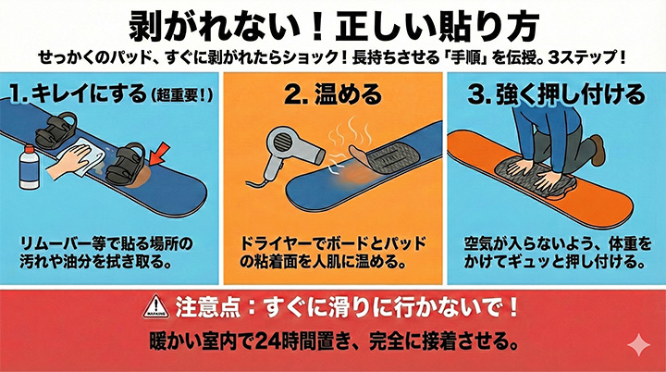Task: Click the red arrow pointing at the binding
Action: point(160,154)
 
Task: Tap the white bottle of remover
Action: point(30,167)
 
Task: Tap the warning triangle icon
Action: point(156,306)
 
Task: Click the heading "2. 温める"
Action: point(333,94)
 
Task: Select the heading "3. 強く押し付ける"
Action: point(556,94)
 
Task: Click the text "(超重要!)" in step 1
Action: point(182,95)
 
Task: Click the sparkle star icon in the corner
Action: point(639,345)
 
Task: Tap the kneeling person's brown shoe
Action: point(598,150)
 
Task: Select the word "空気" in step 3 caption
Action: point(477,243)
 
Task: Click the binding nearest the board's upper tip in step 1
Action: point(56,130)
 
